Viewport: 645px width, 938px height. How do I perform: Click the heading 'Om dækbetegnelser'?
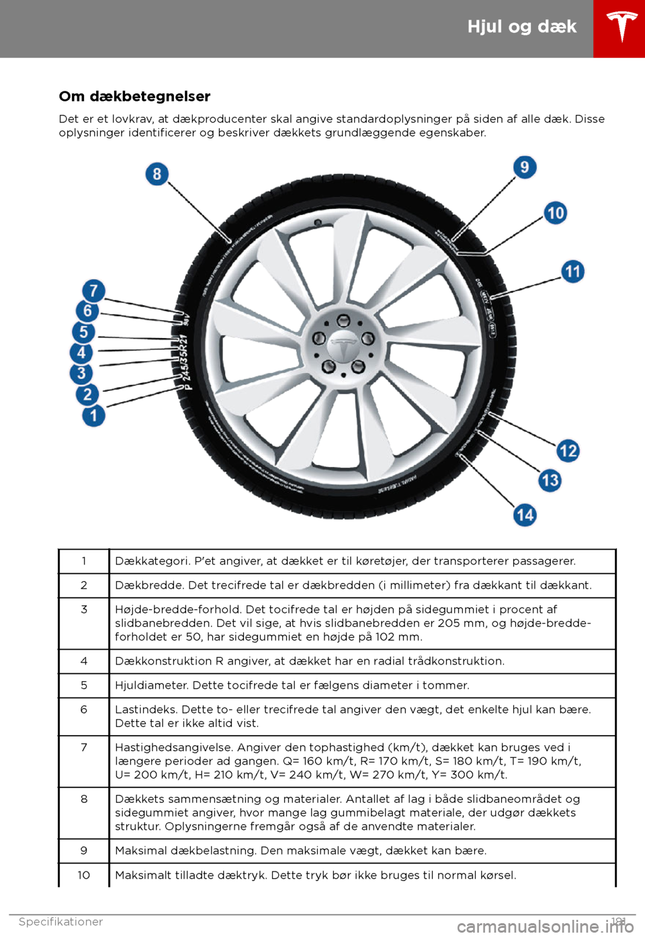click(134, 97)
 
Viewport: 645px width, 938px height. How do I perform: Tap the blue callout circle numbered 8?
click(157, 175)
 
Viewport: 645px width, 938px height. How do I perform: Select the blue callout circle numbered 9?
click(525, 167)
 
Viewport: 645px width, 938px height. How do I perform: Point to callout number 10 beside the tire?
click(556, 213)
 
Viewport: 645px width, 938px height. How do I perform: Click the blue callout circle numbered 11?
click(572, 271)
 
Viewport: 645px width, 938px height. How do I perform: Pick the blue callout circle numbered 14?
click(525, 515)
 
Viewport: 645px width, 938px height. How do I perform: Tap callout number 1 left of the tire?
click(94, 415)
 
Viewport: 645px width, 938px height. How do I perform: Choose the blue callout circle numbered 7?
click(94, 291)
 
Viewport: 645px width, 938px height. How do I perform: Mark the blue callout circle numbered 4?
click(81, 353)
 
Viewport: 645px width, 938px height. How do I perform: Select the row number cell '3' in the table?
click(84, 609)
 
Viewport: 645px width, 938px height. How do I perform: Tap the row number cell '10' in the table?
click(84, 875)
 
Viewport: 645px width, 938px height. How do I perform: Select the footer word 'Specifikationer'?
click(61, 922)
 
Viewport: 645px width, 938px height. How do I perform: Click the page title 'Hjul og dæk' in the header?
click(522, 27)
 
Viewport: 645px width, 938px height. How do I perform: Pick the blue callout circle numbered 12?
click(568, 450)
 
